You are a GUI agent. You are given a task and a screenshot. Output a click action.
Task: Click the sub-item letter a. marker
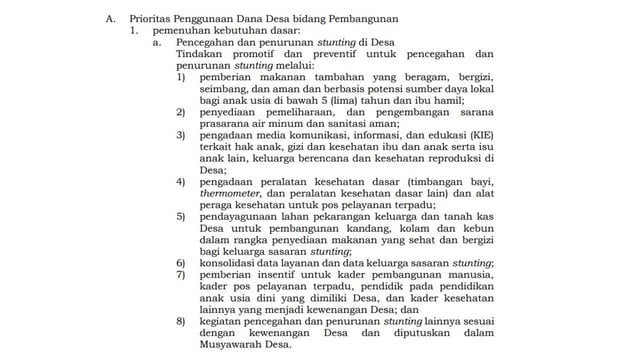158,44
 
